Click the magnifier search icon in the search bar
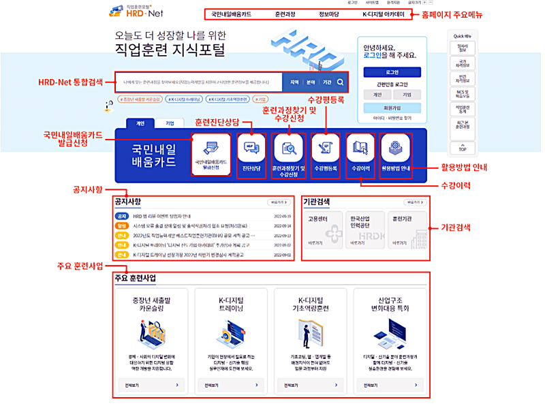pyautogui.click(x=341, y=82)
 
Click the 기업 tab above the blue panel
pyautogui.click(x=170, y=123)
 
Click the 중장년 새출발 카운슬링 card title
pyautogui.click(x=153, y=304)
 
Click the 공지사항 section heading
pyautogui.click(x=128, y=202)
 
